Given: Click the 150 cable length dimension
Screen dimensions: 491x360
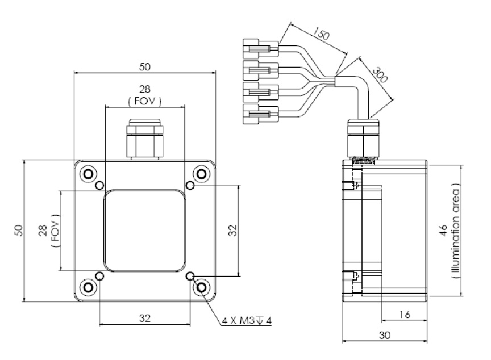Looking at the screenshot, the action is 322,34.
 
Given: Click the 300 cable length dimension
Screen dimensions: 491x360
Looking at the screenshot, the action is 380,74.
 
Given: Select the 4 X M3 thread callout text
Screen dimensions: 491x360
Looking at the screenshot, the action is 247,321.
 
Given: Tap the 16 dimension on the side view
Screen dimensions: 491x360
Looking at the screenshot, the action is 405,315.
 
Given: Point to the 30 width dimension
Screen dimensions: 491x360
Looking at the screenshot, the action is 385,335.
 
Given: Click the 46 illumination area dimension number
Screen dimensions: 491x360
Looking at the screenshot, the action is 443,230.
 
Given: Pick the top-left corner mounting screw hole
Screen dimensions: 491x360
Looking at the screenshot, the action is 88,174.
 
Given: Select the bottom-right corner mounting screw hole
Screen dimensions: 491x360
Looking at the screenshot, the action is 201,287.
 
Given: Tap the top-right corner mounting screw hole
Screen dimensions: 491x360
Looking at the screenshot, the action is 201,174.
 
